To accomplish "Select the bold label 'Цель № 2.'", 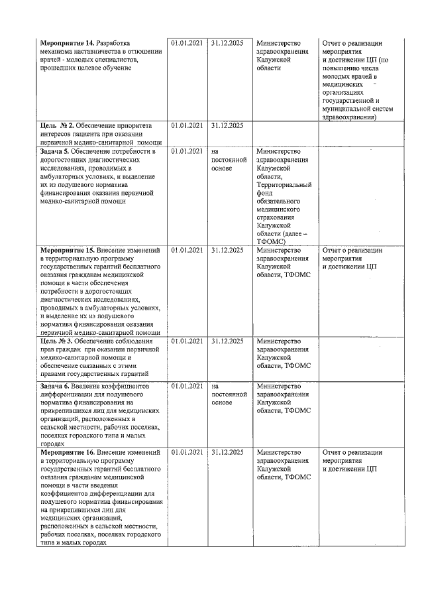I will [56, 125].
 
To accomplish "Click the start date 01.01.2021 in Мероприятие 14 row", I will [186, 43].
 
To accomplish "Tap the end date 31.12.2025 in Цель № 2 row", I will [227, 125].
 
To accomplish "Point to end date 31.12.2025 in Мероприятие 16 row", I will [227, 452].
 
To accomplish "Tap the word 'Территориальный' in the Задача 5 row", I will [284, 185].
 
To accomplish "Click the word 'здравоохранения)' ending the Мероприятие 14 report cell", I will [348, 117].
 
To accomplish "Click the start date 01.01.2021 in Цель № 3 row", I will [186, 341].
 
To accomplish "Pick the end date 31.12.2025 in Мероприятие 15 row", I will [227, 251].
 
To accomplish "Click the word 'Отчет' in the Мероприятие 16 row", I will [333, 452].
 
